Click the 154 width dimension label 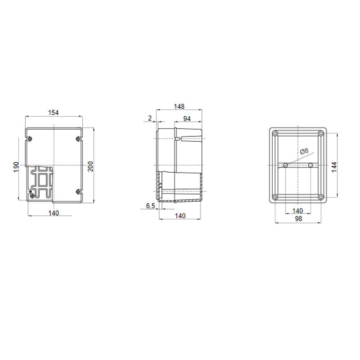coord(53,113)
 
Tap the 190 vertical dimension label coord(16,167)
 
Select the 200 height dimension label coord(91,166)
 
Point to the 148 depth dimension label coord(179,107)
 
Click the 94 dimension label coord(187,119)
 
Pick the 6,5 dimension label coord(151,206)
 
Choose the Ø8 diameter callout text coord(304,151)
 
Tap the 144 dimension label coord(334,167)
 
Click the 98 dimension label coord(298,219)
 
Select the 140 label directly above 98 coord(297,211)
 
